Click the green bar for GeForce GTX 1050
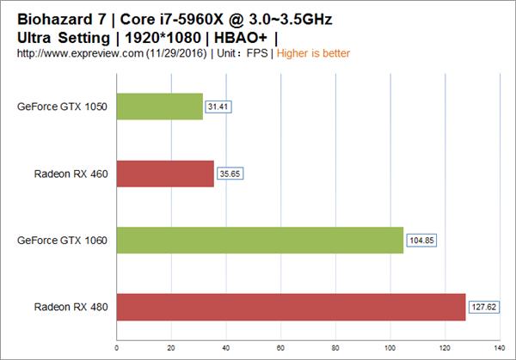(159, 107)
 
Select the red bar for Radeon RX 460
(164, 174)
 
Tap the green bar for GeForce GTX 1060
(259, 241)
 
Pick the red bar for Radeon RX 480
(290, 307)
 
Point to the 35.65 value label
(230, 174)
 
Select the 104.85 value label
(421, 241)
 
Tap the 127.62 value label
(483, 307)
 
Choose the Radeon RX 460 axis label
(71, 174)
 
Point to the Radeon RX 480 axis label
(71, 307)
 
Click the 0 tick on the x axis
(116, 348)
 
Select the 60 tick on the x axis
(280, 348)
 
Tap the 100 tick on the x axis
(390, 348)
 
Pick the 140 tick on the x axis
(499, 348)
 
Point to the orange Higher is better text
(312, 53)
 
